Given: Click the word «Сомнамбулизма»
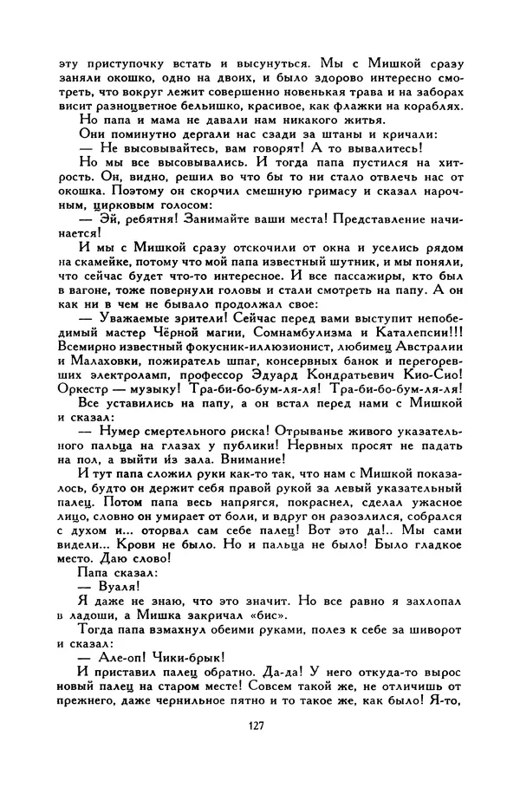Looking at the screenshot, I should coord(289,329).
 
